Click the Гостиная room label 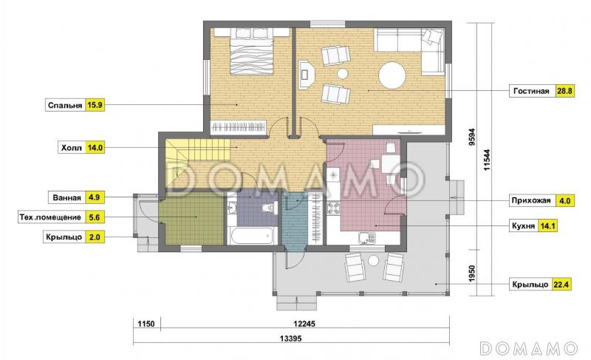pyautogui.click(x=531, y=91)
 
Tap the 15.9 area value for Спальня pyautogui.click(x=95, y=105)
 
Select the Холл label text pyautogui.click(x=71, y=148)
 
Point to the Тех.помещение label pyautogui.click(x=50, y=217)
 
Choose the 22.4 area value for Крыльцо pyautogui.click(x=561, y=285)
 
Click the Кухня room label pyautogui.click(x=523, y=226)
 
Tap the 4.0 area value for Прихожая pyautogui.click(x=564, y=201)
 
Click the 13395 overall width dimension pyautogui.click(x=290, y=339)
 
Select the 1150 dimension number pyautogui.click(x=146, y=324)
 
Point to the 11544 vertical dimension pyautogui.click(x=487, y=160)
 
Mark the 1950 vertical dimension pyautogui.click(x=471, y=274)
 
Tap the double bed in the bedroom pyautogui.click(x=251, y=52)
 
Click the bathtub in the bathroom pyautogui.click(x=251, y=236)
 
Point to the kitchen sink pyautogui.click(x=366, y=238)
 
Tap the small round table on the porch pyautogui.click(x=373, y=260)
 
